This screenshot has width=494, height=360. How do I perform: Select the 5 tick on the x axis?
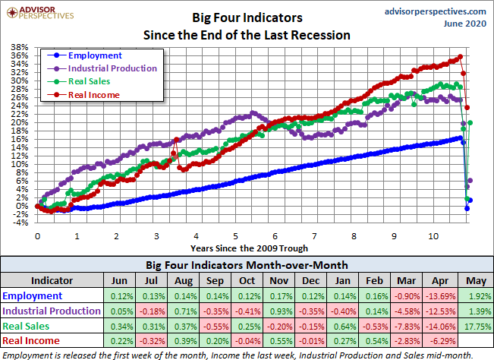[235, 235]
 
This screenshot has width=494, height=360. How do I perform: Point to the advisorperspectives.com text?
[435, 12]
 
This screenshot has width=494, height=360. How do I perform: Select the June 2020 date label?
[464, 24]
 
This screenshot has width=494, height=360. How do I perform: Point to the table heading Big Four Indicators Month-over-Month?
[247, 264]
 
